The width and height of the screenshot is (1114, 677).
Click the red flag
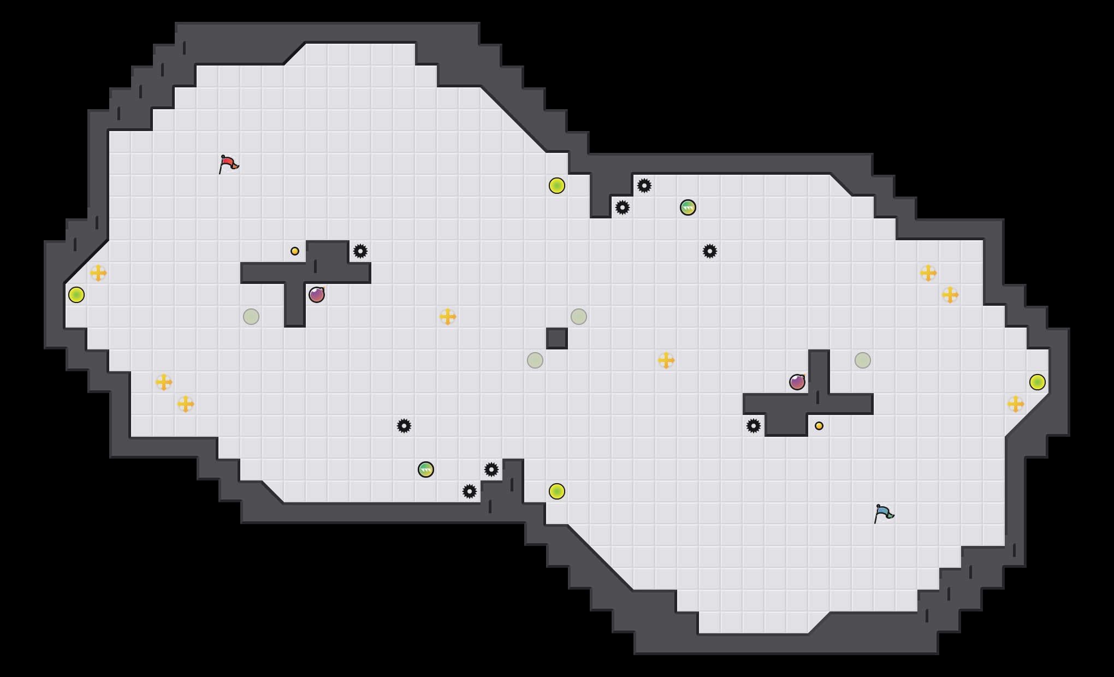[228, 164]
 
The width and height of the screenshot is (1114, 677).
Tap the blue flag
[884, 513]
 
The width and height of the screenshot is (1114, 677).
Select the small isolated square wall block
[557, 339]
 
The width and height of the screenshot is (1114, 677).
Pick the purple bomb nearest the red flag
[317, 295]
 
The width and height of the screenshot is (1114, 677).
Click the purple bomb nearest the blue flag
[797, 382]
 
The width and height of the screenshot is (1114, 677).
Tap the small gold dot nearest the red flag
[295, 251]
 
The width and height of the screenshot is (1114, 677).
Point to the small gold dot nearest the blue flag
[819, 426]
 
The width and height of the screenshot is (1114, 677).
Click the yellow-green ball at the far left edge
[76, 295]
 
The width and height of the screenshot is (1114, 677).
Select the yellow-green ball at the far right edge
[1038, 382]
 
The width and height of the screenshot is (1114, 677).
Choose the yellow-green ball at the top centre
[557, 186]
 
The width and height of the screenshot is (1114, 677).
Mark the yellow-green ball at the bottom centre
[557, 491]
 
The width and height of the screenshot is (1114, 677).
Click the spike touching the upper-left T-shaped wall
[360, 251]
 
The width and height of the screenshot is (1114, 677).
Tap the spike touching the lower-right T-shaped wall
[754, 426]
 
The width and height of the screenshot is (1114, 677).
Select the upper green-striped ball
[688, 207]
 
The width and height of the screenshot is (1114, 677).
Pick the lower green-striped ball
[426, 470]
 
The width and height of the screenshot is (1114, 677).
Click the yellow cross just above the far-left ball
[98, 273]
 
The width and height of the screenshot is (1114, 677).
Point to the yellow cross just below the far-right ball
[1016, 404]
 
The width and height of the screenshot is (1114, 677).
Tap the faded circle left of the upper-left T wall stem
[251, 317]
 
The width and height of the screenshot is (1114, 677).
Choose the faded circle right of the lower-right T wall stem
[863, 360]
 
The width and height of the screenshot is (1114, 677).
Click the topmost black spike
[644, 186]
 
